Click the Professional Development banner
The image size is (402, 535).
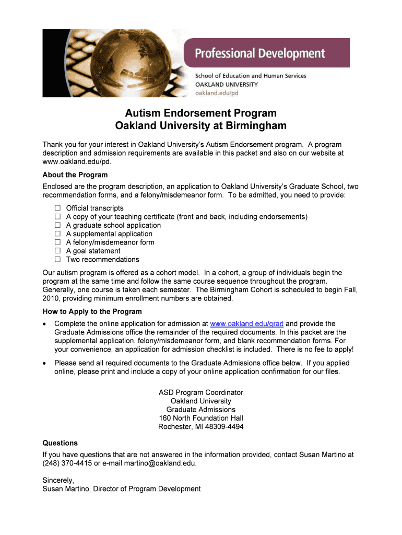point(260,53)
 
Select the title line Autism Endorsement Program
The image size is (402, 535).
point(200,113)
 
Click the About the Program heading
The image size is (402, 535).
point(75,175)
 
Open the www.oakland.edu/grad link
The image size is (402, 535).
point(246,324)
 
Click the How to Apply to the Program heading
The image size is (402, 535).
point(92,312)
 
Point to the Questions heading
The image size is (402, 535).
point(60,443)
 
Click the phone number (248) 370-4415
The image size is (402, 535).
point(66,463)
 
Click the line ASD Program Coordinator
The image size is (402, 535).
point(200,392)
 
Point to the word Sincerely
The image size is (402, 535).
point(58,480)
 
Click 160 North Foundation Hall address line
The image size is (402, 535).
point(200,418)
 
